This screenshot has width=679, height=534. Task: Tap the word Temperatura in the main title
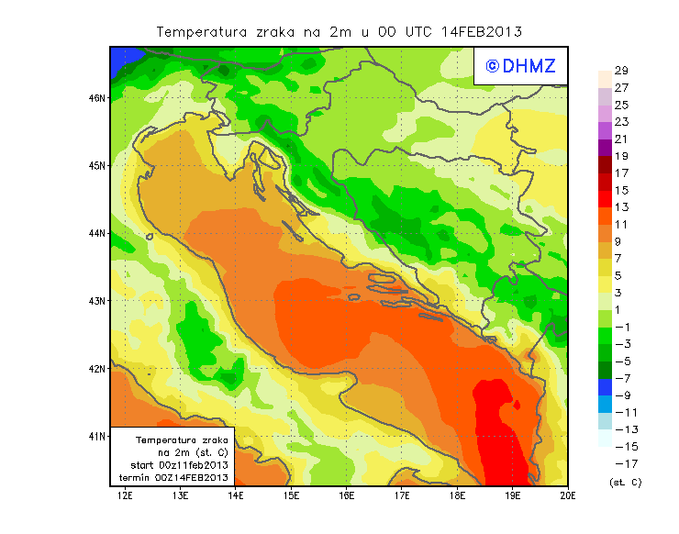click(x=202, y=31)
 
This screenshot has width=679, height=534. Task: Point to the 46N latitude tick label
click(x=96, y=97)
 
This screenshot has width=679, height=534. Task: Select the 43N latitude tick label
click(x=96, y=300)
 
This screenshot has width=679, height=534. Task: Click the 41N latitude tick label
click(x=96, y=436)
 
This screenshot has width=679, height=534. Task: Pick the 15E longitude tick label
click(x=292, y=495)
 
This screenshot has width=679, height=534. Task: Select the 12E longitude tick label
click(x=126, y=495)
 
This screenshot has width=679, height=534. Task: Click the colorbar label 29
click(x=620, y=71)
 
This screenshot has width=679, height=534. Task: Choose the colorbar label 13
click(x=620, y=207)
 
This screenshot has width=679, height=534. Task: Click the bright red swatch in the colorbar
click(x=604, y=199)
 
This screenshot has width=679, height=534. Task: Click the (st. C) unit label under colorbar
click(x=625, y=482)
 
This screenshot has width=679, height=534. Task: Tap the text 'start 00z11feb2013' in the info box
click(x=172, y=465)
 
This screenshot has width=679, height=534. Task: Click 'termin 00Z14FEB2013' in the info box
click(x=172, y=477)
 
